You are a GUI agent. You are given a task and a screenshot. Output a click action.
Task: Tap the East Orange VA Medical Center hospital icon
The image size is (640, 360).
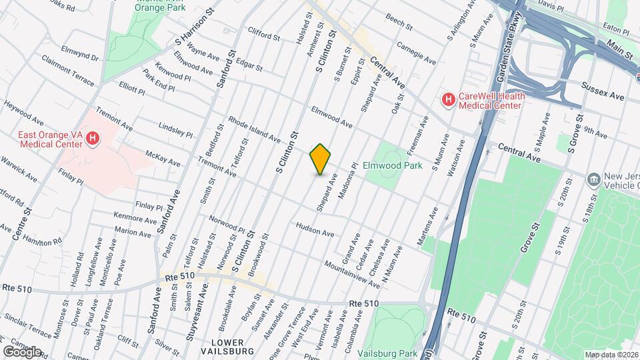(x=93, y=138)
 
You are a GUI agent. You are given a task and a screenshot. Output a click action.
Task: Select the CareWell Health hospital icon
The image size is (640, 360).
(x=449, y=101)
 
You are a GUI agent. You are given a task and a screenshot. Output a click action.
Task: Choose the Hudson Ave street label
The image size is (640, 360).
(x=315, y=230)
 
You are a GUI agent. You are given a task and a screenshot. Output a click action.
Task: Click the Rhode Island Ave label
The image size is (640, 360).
(x=254, y=129)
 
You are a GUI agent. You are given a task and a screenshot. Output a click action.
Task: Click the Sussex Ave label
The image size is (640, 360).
(x=602, y=91)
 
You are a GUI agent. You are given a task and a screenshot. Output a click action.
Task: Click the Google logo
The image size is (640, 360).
(x=22, y=351)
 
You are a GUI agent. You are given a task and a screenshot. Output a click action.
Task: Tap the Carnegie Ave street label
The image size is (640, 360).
(x=415, y=56)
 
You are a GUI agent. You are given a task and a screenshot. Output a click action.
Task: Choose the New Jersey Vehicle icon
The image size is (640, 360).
(x=593, y=180)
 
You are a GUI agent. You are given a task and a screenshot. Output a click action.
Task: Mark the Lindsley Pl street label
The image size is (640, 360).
(x=175, y=129)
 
